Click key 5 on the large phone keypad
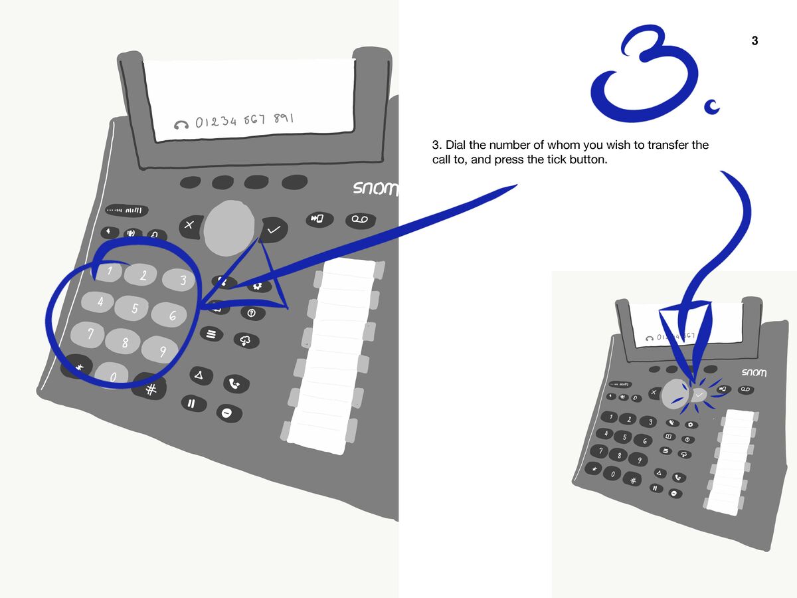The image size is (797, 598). pos(134,308)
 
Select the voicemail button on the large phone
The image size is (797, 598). pos(360,220)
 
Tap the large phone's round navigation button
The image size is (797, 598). pos(229,227)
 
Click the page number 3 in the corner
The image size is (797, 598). pos(754,41)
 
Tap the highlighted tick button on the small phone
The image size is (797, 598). pos(699,395)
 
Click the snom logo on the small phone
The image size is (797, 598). pos(754,373)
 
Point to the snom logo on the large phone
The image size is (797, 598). pos(375,188)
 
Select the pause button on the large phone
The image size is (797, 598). pos(193,403)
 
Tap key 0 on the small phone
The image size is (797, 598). pos(613,474)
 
